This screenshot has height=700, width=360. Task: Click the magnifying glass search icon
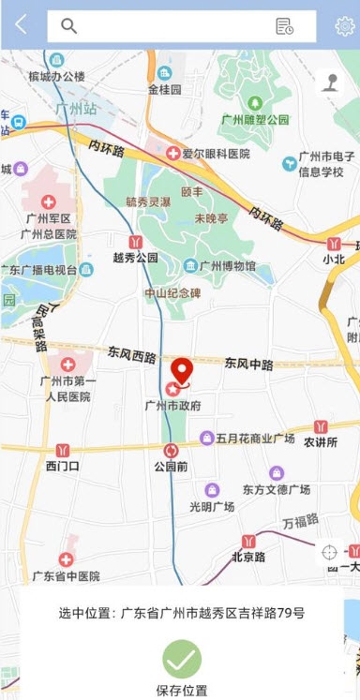click(x=68, y=26)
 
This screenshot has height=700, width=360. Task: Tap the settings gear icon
click(x=344, y=26)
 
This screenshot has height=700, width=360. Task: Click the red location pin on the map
click(x=181, y=371)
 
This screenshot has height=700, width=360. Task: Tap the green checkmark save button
click(x=182, y=659)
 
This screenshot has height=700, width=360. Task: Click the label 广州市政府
click(x=172, y=406)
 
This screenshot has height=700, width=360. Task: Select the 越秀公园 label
click(x=135, y=257)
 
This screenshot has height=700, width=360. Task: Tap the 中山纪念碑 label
click(x=172, y=292)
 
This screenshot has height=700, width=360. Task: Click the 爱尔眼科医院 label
click(x=216, y=154)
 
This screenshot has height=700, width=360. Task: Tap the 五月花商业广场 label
click(x=255, y=438)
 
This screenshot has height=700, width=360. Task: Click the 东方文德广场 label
click(x=277, y=489)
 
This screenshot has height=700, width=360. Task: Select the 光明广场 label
click(x=212, y=507)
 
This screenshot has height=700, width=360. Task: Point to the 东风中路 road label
click(x=248, y=363)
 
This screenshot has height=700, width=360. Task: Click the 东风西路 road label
click(x=130, y=355)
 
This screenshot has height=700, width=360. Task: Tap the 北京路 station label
click(x=248, y=557)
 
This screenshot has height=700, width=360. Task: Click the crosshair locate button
click(x=329, y=552)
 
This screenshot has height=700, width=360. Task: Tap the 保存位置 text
click(x=182, y=691)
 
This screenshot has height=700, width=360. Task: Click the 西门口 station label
click(x=63, y=466)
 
